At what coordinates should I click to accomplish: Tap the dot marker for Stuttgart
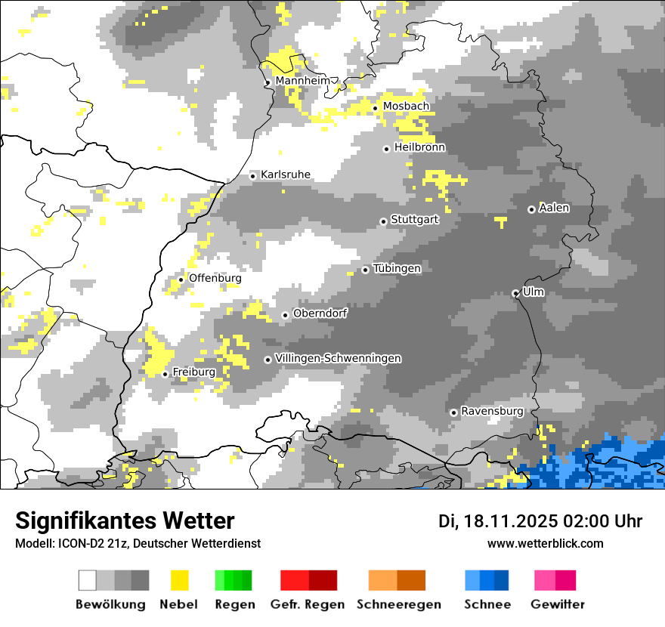coord(383,221)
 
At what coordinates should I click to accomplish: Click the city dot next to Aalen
coord(531,209)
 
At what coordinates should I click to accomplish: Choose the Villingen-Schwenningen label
coord(338,358)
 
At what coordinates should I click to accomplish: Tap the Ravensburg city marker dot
coord(453,412)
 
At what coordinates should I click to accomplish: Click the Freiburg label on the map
coord(193,372)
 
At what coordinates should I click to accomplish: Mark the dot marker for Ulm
coord(515,293)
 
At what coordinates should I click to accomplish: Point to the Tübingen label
coord(397,268)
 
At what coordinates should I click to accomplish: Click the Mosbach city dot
coord(375,108)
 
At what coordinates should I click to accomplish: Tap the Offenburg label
coord(215,278)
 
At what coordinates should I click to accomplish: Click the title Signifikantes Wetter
coord(125,520)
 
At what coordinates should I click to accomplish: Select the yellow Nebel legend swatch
coord(179,580)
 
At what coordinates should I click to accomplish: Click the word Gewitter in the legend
coord(558,604)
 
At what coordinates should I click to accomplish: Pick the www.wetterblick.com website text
coord(545,543)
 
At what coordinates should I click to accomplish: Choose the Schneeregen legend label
coord(398,604)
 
